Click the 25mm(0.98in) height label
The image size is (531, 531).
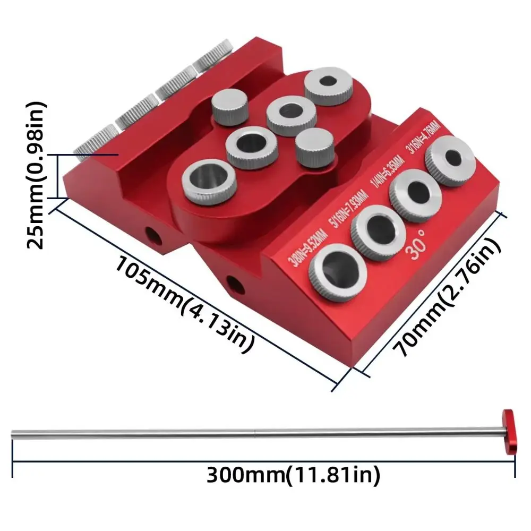36,175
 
